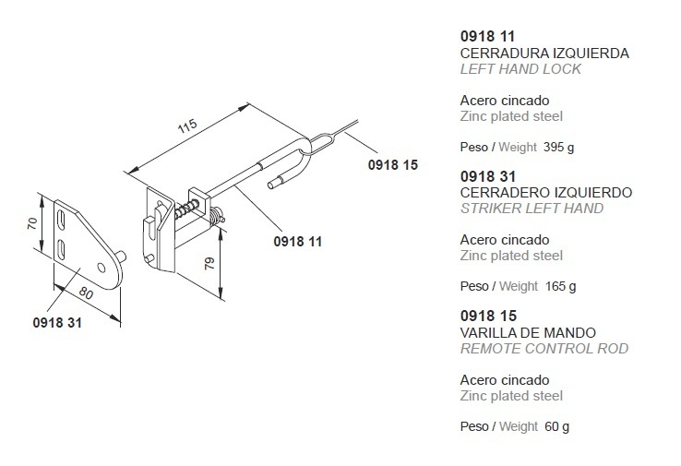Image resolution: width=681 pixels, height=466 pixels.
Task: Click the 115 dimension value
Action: tap(187, 125)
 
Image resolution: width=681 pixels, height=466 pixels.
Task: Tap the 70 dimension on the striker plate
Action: tap(32, 223)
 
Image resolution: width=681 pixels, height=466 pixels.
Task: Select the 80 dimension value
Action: tap(86, 293)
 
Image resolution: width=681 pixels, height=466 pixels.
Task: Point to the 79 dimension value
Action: tap(209, 263)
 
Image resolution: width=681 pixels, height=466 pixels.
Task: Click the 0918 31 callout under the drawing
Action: tap(57, 323)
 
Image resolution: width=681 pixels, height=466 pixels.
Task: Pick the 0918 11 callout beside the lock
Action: tap(298, 242)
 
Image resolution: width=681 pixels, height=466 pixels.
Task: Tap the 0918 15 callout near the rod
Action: tap(393, 165)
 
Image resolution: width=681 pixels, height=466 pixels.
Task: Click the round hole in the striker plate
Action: tap(102, 267)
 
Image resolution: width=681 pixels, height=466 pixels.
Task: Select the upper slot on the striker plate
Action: tap(61, 220)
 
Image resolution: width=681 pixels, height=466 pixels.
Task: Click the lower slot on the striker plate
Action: tap(61, 250)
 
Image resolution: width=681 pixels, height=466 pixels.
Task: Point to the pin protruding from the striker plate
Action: tap(123, 257)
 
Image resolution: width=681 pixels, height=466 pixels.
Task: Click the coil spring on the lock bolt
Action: tap(186, 209)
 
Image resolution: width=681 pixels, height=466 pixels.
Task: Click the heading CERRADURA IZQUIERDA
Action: tap(544, 54)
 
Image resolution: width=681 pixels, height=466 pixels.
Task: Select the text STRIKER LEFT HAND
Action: tap(532, 209)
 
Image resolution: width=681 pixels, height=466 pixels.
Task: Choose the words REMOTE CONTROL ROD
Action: tap(544, 349)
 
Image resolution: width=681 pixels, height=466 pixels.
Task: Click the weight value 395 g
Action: tap(558, 148)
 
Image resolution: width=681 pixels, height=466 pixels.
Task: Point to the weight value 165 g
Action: tap(561, 286)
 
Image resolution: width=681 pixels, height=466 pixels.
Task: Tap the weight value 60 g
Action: tap(556, 426)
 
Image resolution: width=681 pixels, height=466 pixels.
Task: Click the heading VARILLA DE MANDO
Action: tap(528, 333)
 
